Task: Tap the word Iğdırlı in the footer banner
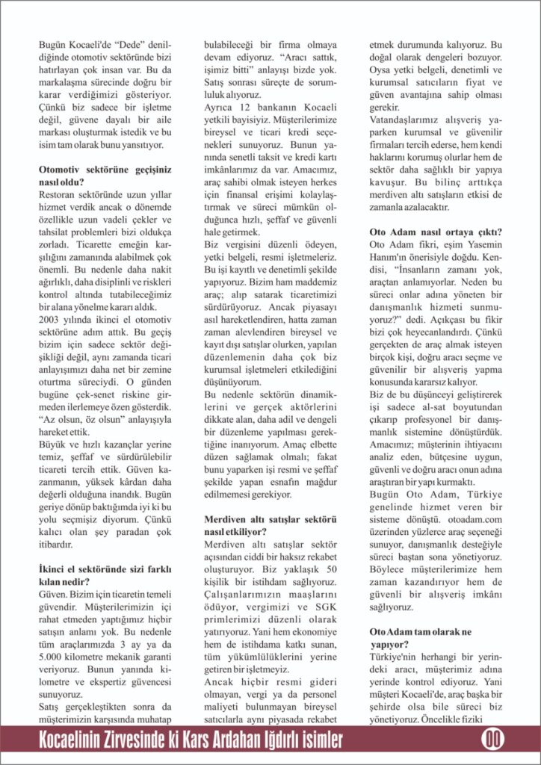pos(288,740)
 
